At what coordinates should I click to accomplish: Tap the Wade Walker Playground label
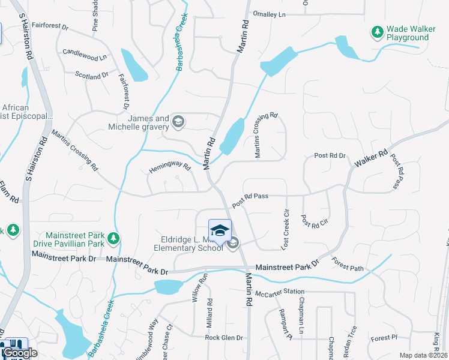[x=408, y=33]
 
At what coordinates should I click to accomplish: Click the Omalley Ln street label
[x=270, y=14]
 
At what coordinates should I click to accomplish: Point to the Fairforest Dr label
[x=51, y=26]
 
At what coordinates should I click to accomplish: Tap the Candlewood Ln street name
[x=84, y=54]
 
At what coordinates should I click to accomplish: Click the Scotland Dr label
[x=92, y=75]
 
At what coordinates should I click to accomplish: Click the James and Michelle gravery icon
[x=178, y=122]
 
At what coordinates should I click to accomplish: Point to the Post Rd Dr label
[x=330, y=156]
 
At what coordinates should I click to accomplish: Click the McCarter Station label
[x=276, y=292]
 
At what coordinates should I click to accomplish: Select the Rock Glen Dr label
[x=223, y=338]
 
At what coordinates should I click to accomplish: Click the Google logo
[x=20, y=353]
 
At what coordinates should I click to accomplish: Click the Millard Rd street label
[x=209, y=313]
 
